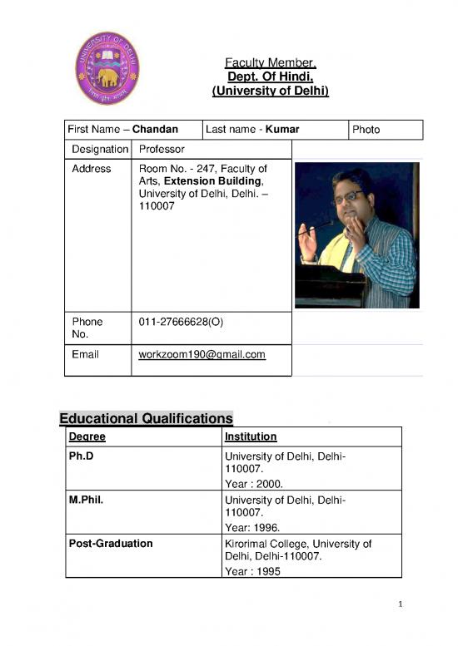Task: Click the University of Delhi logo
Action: (x=107, y=68)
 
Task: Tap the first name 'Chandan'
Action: (x=155, y=130)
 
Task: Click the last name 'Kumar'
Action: (x=281, y=130)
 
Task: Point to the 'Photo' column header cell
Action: (x=366, y=130)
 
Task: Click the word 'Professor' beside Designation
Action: (x=162, y=149)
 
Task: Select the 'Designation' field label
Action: (x=97, y=149)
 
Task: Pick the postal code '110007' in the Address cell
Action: (x=157, y=205)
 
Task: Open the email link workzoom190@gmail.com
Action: (x=202, y=354)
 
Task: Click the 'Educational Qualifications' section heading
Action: (x=146, y=417)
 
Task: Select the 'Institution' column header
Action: (x=251, y=436)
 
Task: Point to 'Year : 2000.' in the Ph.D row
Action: (x=254, y=481)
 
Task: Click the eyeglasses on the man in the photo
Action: (x=348, y=197)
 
